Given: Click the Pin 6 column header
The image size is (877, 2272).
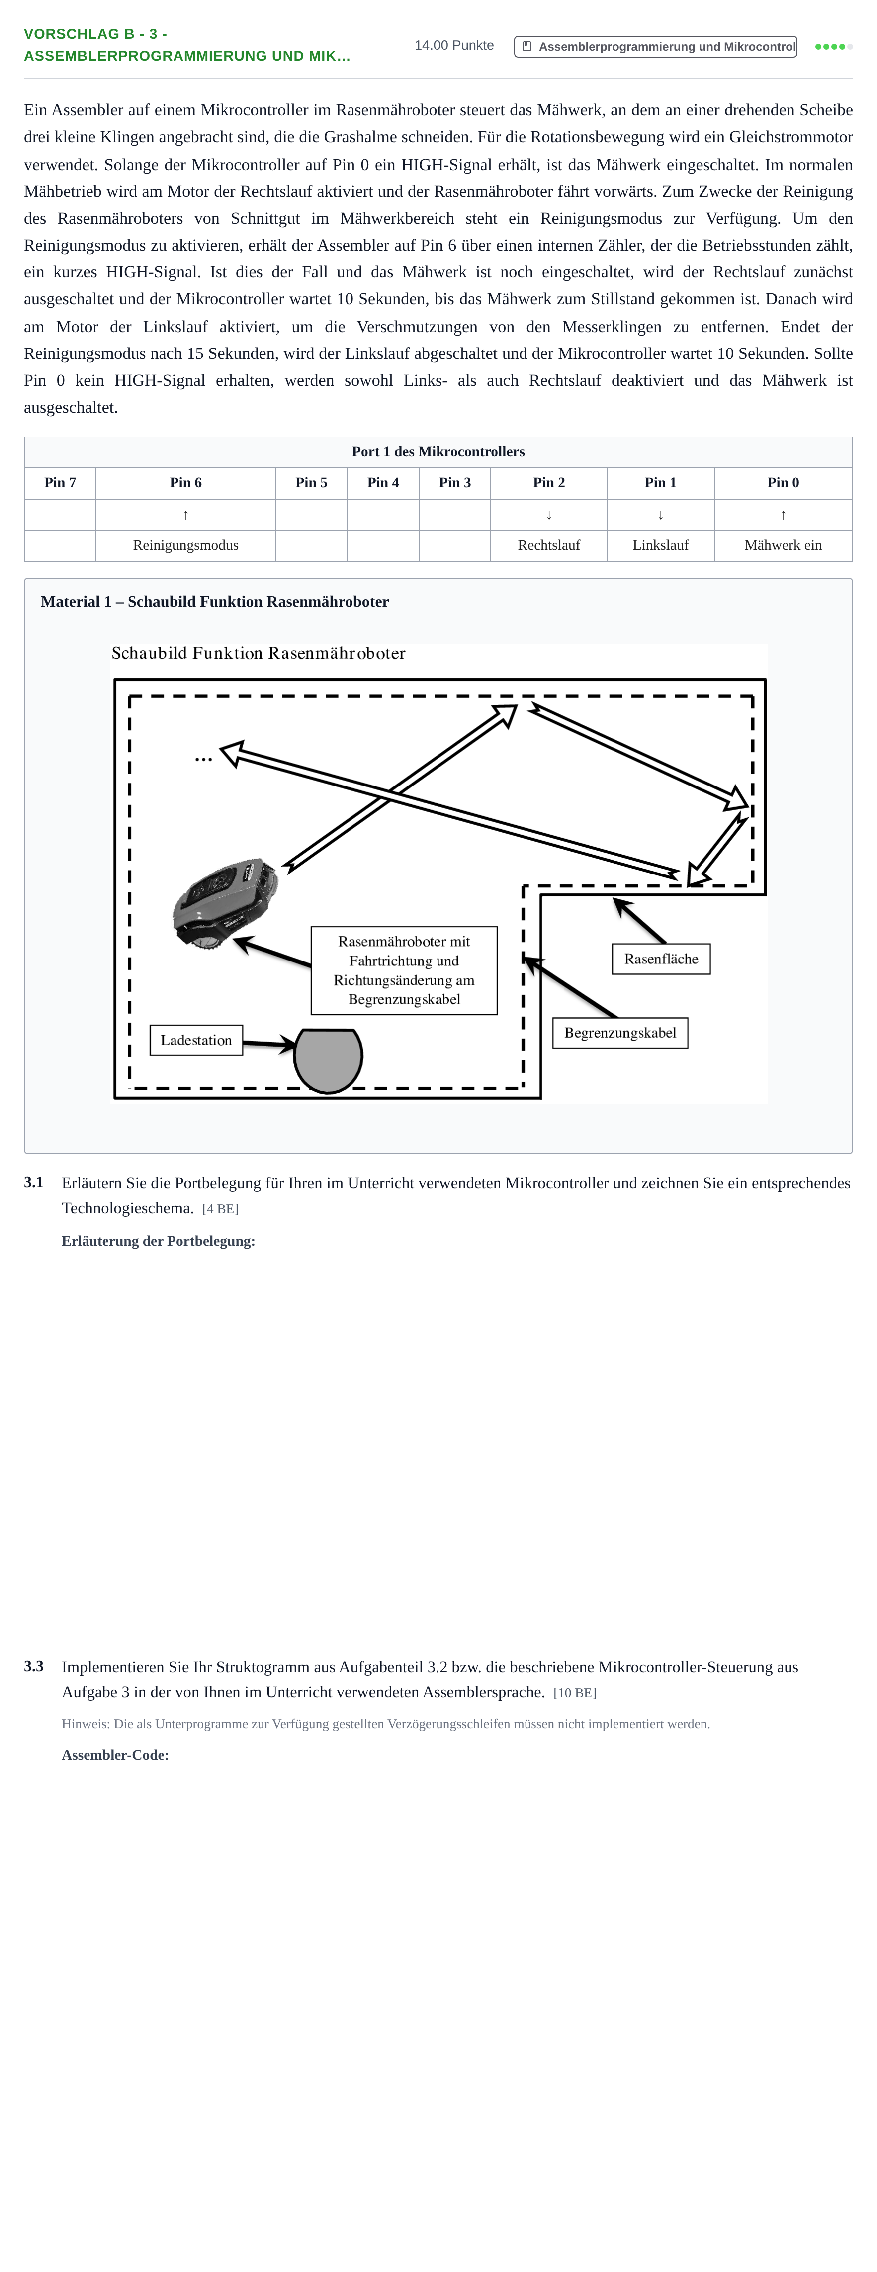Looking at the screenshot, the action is click(x=185, y=482).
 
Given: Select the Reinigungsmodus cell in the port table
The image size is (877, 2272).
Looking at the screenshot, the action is click(x=185, y=545).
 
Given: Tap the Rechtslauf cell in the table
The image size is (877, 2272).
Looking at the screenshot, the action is click(x=549, y=545).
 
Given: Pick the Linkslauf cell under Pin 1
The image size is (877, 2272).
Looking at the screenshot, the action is click(x=660, y=545).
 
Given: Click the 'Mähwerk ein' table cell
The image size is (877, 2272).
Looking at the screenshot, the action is click(x=783, y=545).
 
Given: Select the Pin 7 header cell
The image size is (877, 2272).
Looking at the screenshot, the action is click(x=60, y=482).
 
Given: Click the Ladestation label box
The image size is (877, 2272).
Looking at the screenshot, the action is click(x=196, y=1040).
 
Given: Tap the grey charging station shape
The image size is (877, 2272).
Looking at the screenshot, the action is click(x=328, y=1060).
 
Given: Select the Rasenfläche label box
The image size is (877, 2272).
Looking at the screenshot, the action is click(x=661, y=959).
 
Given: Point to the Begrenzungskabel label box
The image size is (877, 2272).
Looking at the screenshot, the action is click(x=620, y=1033).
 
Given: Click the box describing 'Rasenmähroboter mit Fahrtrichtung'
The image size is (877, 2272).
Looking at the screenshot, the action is click(x=404, y=970).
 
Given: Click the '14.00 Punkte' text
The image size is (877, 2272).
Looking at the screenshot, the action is click(x=454, y=45).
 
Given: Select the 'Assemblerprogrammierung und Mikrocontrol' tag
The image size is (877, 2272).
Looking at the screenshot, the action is click(x=656, y=47).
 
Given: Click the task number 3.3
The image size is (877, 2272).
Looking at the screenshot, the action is click(x=33, y=1666).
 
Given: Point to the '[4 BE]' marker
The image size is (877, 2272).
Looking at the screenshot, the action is click(x=221, y=1208).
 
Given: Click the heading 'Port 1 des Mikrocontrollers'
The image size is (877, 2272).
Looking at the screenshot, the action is click(x=438, y=451).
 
